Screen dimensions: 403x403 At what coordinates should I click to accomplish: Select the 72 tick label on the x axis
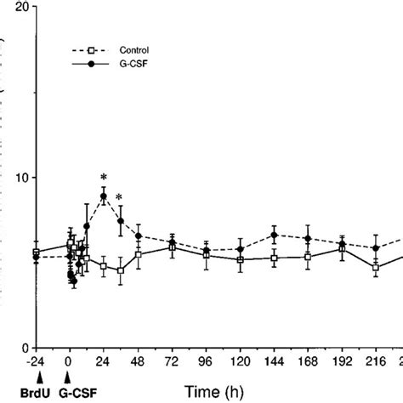point(172,360)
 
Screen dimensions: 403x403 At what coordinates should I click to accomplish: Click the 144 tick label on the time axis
point(274,360)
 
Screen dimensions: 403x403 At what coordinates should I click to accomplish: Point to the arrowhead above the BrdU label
point(36,376)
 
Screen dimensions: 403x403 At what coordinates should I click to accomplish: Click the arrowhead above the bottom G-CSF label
point(69,376)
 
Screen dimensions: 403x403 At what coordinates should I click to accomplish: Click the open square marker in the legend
point(77,49)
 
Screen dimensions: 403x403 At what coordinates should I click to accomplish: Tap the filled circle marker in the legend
point(77,61)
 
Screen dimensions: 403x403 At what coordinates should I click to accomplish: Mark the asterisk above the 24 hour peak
point(104,181)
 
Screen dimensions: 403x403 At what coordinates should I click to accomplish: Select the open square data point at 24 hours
point(104,266)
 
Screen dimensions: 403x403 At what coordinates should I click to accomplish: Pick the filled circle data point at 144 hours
point(274,235)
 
